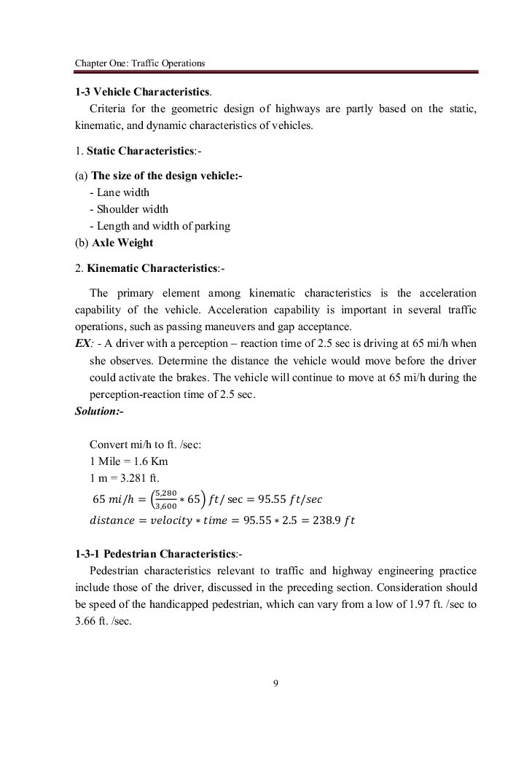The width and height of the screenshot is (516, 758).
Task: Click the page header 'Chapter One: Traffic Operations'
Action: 140,63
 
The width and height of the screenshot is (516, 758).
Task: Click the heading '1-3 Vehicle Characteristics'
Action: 143,93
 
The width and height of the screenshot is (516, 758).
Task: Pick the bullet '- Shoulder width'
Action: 128,209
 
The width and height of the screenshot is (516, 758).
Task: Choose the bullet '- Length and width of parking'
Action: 160,226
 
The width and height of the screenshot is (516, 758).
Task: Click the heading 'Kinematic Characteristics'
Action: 152,268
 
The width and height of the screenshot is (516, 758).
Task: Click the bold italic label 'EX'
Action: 82,344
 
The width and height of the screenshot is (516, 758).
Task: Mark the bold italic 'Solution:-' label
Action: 99,411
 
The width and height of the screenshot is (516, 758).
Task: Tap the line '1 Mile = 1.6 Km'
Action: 128,461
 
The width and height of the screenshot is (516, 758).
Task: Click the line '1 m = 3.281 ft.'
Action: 124,478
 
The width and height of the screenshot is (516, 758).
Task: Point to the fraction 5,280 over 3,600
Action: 165,499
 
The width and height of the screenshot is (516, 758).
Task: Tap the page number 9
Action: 275,683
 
